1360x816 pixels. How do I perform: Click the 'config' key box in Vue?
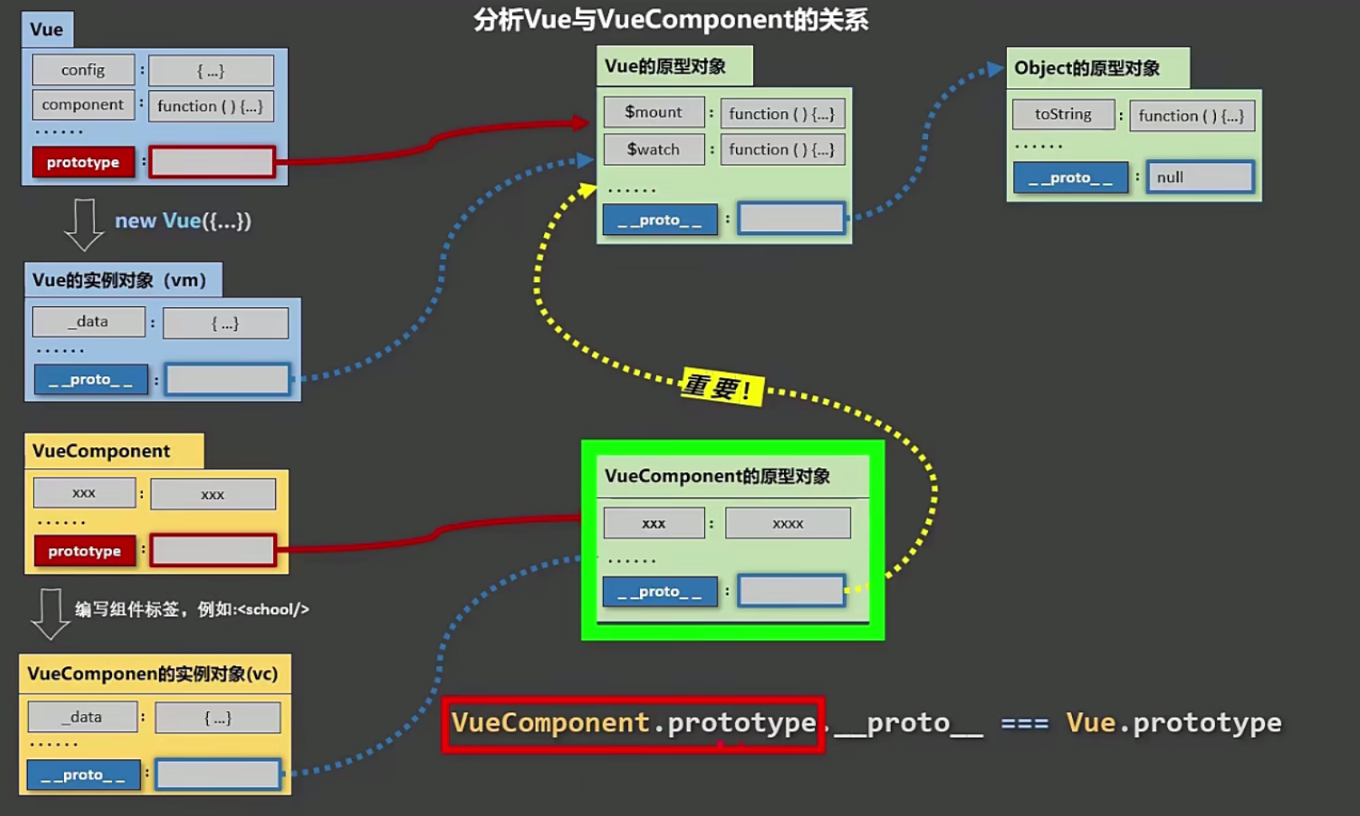pyautogui.click(x=83, y=70)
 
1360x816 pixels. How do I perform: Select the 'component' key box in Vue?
pyautogui.click(x=83, y=105)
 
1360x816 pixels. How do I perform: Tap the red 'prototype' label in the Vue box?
pyautogui.click(x=83, y=162)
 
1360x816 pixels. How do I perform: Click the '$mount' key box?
pyautogui.click(x=654, y=113)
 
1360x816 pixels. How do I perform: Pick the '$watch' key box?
pyautogui.click(x=654, y=150)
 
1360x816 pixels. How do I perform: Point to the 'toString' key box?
pyautogui.click(x=1063, y=114)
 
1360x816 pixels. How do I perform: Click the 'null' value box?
pyautogui.click(x=1200, y=178)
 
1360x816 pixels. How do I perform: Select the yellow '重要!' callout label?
pyautogui.click(x=721, y=388)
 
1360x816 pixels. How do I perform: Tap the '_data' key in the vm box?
pyautogui.click(x=89, y=322)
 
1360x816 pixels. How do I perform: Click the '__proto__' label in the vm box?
pyautogui.click(x=90, y=379)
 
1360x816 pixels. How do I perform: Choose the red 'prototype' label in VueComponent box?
pyautogui.click(x=85, y=551)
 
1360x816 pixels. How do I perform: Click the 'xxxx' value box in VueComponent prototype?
pyautogui.click(x=788, y=524)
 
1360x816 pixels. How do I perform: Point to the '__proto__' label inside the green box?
pyautogui.click(x=660, y=592)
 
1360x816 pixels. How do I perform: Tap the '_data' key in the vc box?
pyautogui.click(x=82, y=717)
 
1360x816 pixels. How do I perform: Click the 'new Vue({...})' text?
pyautogui.click(x=183, y=221)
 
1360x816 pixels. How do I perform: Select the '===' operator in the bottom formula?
pyautogui.click(x=1025, y=724)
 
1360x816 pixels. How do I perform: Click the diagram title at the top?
pyautogui.click(x=670, y=19)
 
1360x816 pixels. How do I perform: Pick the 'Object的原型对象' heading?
pyautogui.click(x=1087, y=68)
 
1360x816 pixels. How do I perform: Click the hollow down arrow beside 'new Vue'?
pyautogui.click(x=84, y=224)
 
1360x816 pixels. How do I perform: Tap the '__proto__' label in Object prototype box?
pyautogui.click(x=1070, y=178)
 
